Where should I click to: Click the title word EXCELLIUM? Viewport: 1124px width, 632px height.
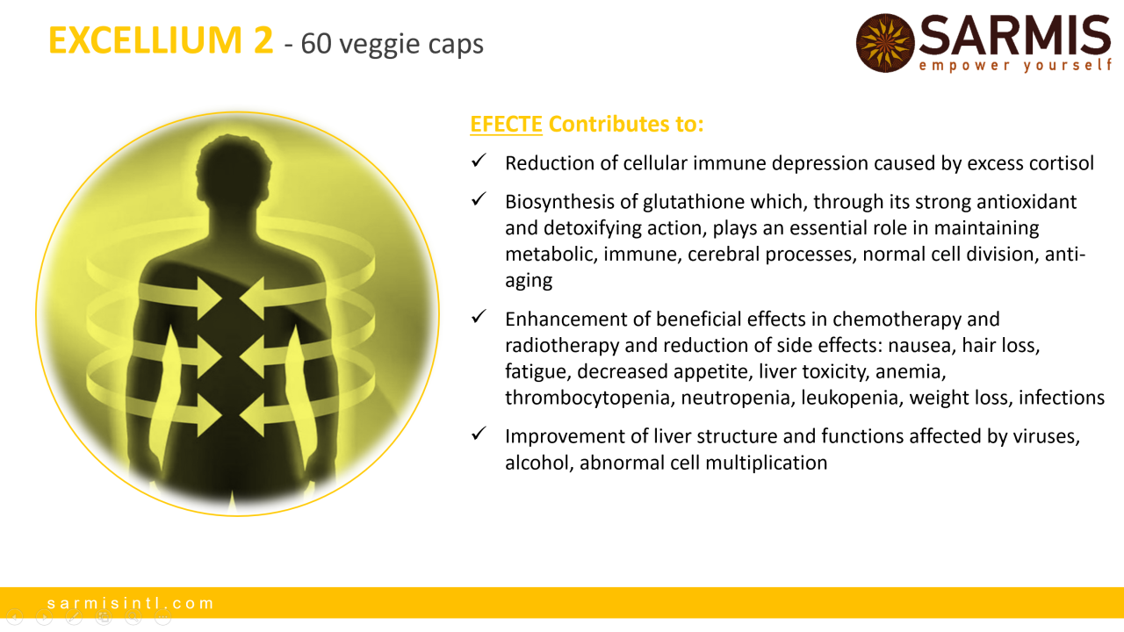coord(146,40)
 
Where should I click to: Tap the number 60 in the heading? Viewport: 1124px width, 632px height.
coord(316,43)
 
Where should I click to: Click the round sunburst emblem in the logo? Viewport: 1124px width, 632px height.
coord(885,43)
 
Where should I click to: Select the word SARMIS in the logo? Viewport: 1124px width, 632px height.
coord(1014,35)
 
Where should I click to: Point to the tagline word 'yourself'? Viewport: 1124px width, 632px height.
coord(1067,66)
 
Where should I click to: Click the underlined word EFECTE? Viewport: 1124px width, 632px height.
coord(506,124)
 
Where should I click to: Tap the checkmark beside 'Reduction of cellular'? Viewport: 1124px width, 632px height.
coord(479,161)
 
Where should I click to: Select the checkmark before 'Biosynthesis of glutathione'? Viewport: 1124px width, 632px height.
coord(479,199)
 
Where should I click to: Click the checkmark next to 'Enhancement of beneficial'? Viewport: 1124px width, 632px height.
coord(479,317)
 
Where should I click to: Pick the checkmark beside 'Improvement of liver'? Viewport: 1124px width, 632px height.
coord(479,434)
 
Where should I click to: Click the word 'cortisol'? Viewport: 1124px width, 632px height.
coord(1062,163)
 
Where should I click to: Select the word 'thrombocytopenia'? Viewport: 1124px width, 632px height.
coord(589,398)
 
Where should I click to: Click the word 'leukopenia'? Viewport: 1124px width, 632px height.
coord(849,398)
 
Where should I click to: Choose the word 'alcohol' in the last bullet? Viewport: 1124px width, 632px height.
coord(539,463)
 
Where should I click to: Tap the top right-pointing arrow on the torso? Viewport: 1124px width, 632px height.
coord(181,298)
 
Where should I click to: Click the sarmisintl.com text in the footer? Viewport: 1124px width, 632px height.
coord(131,603)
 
